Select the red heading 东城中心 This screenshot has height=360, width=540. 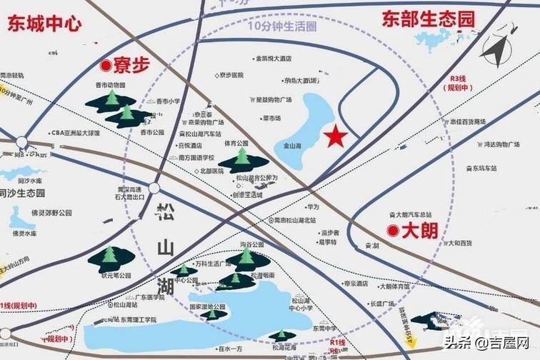coord(44,24)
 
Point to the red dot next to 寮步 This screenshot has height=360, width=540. coord(106,66)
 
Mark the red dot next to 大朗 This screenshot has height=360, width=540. coord(392,230)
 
